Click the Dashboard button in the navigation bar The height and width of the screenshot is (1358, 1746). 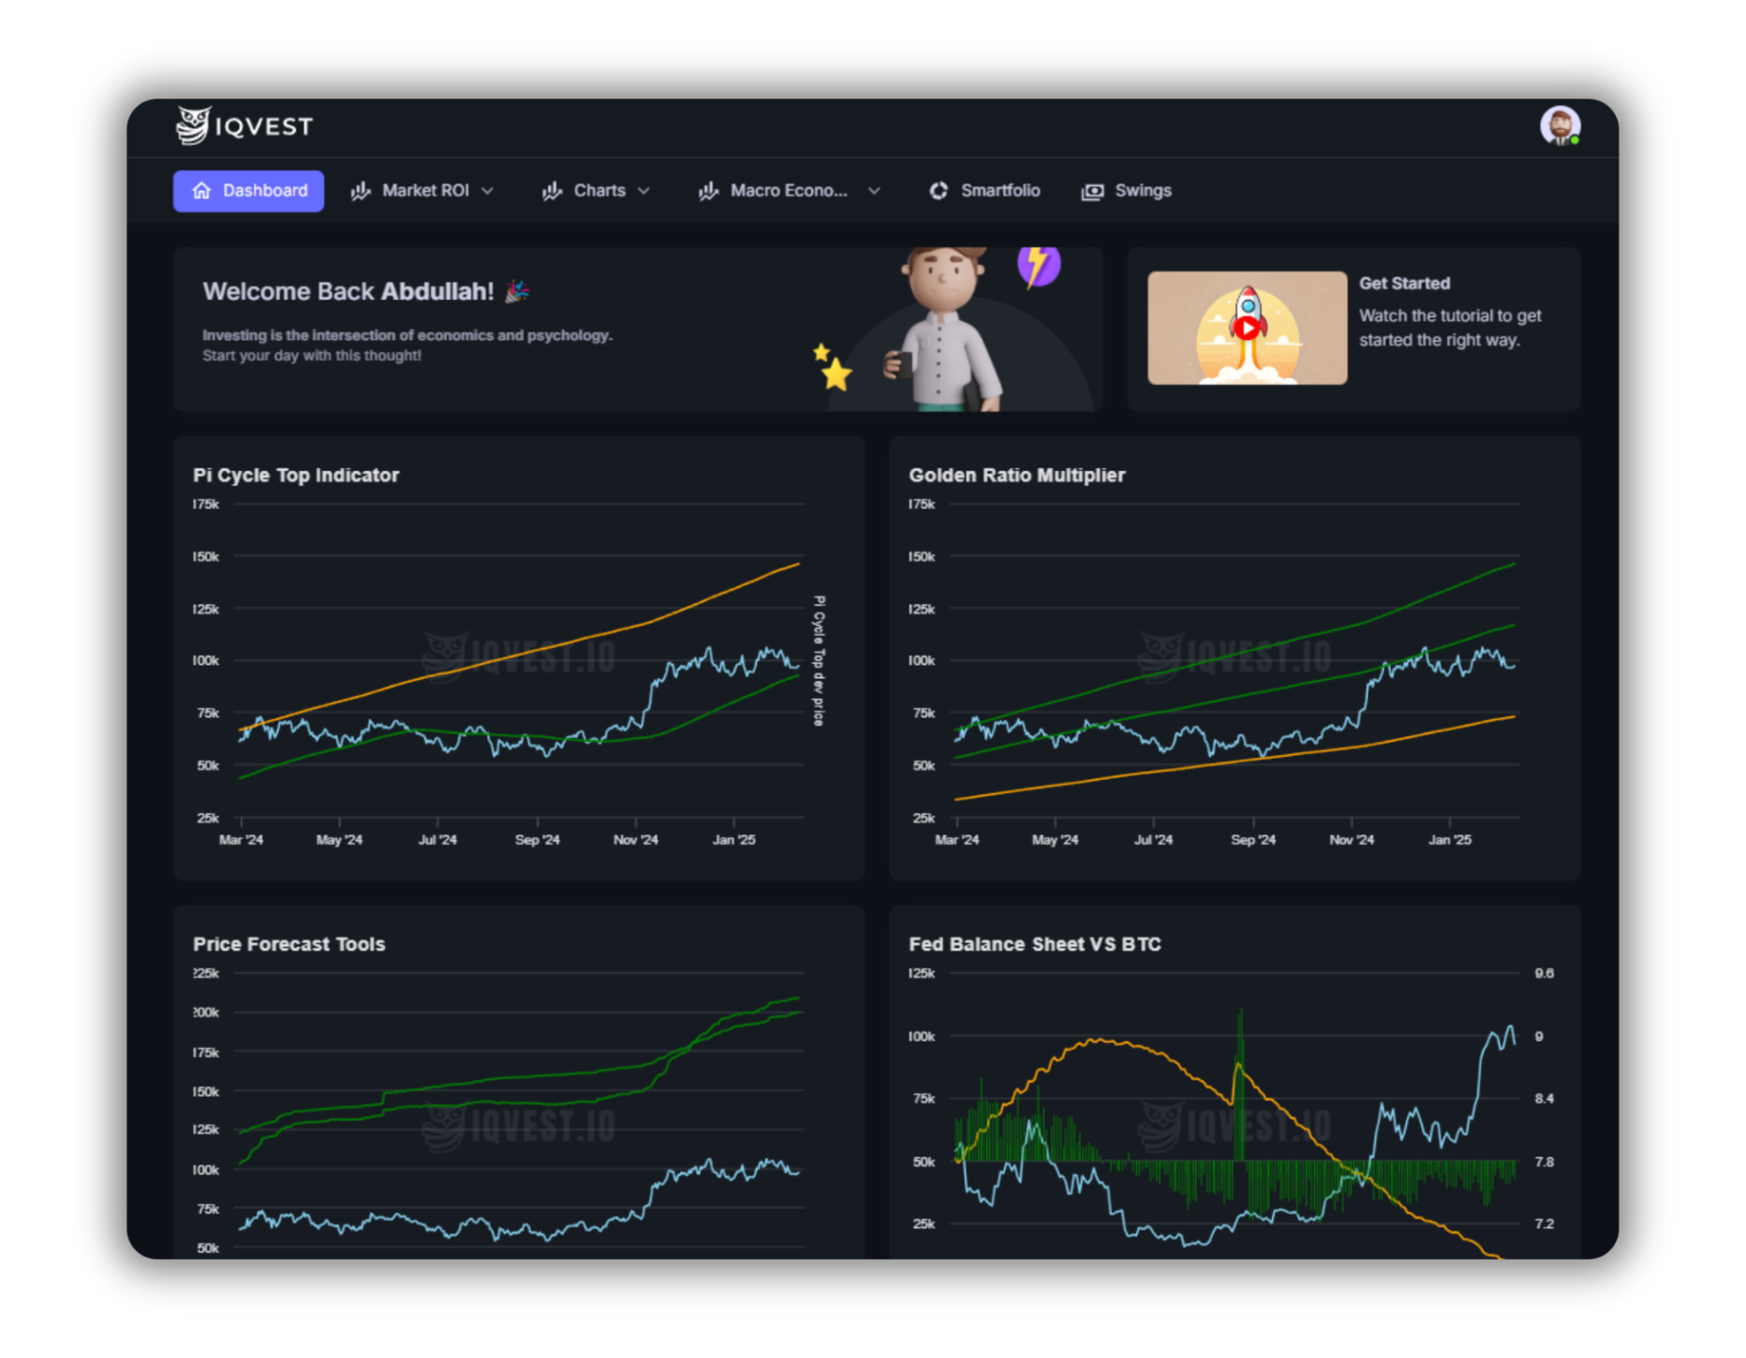coord(248,191)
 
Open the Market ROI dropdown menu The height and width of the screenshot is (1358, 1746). coord(423,191)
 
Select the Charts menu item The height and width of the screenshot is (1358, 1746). coord(597,191)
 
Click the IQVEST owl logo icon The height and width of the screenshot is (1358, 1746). coord(194,125)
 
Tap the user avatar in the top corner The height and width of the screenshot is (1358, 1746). coord(1560,125)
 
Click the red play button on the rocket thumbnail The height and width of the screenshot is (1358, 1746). coord(1247,328)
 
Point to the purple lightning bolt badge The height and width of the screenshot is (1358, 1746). coord(1039,265)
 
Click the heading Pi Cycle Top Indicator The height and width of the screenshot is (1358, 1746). coord(296,476)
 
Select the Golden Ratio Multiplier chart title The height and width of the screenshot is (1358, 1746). coord(1016,476)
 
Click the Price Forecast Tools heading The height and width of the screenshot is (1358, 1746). coord(289,944)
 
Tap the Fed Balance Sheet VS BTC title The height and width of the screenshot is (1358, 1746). coord(1034,944)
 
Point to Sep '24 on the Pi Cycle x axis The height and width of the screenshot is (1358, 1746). coord(537,840)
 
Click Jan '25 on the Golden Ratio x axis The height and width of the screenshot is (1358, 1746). coord(1449,840)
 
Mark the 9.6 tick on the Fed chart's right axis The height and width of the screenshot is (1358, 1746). coord(1544,974)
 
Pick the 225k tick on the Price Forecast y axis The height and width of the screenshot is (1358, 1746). coord(206,974)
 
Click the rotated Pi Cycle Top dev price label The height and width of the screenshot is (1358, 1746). coord(819,660)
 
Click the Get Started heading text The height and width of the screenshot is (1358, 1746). coord(1404,284)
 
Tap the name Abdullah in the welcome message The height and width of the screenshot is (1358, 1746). coord(436,292)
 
